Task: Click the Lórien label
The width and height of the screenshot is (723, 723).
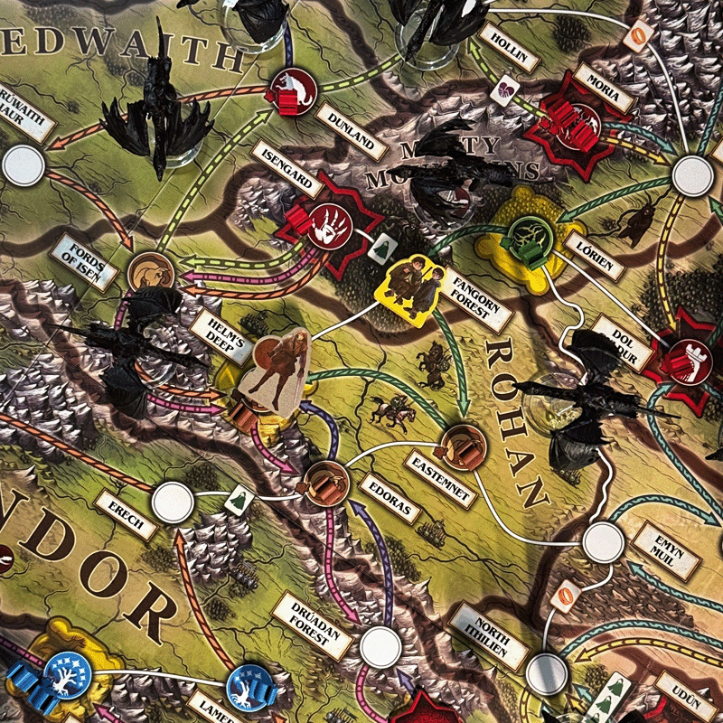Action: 594,254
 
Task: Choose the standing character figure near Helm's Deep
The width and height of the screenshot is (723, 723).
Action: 277,371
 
